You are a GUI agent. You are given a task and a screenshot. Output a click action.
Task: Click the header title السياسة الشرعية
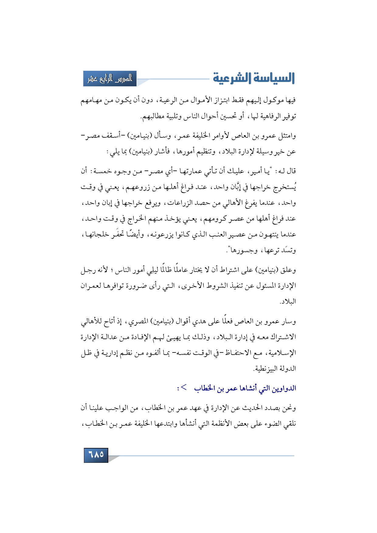pos(254,78)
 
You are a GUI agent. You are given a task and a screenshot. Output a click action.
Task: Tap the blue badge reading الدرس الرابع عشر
pos(110,79)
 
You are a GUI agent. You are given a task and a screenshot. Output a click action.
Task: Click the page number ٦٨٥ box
pos(96,455)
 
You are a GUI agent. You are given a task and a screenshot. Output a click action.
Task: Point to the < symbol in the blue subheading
pos(184,387)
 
